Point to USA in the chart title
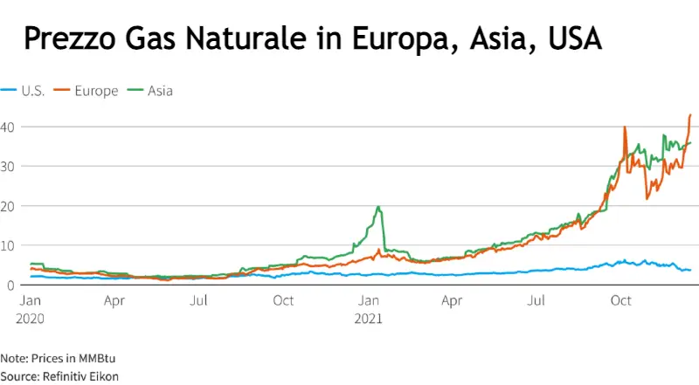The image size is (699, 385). [573, 38]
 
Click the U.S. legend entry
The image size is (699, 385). [25, 90]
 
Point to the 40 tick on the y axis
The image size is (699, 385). [8, 127]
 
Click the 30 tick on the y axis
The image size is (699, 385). [8, 166]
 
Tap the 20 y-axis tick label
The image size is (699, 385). [8, 206]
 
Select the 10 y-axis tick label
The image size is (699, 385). [8, 245]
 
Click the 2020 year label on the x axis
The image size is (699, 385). [30, 318]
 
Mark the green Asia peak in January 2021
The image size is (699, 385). [378, 207]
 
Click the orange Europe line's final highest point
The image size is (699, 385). [690, 114]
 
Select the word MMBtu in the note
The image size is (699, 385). [89, 359]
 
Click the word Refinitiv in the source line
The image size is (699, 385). [65, 375]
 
